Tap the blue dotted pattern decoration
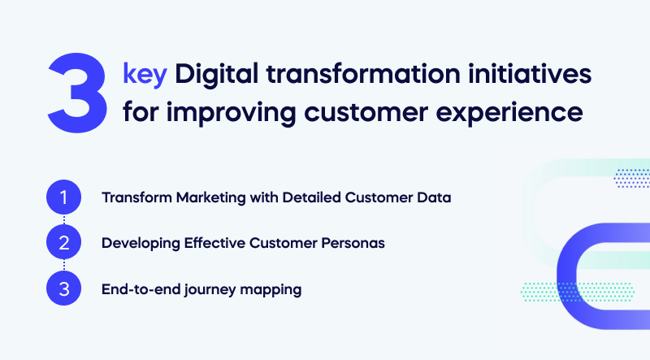point(632,178)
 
